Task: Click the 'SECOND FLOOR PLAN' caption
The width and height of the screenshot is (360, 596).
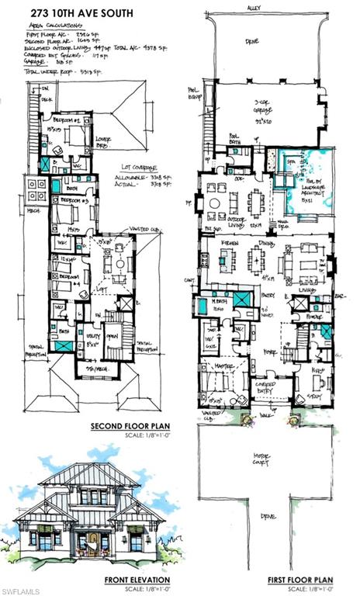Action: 126,427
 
